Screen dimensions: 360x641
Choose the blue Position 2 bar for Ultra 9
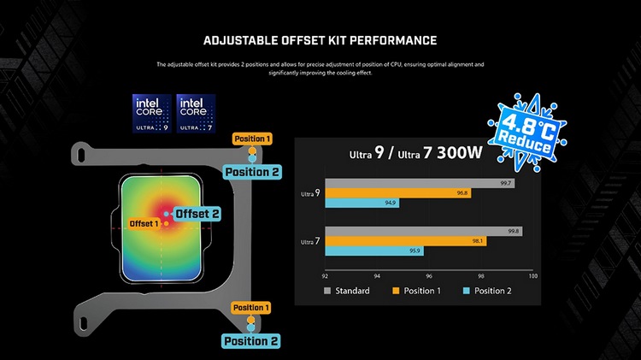tap(362, 204)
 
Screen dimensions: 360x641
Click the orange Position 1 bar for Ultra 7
tap(405, 241)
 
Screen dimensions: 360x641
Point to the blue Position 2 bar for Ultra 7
tap(374, 251)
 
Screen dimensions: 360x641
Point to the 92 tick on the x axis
tap(325, 275)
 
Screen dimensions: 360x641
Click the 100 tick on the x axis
tap(532, 275)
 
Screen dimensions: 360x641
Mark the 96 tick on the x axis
tap(429, 275)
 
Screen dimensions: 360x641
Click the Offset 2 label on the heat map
tap(197, 213)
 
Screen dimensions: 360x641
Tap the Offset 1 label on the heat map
tap(144, 223)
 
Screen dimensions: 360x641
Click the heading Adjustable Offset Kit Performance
tap(320, 40)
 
